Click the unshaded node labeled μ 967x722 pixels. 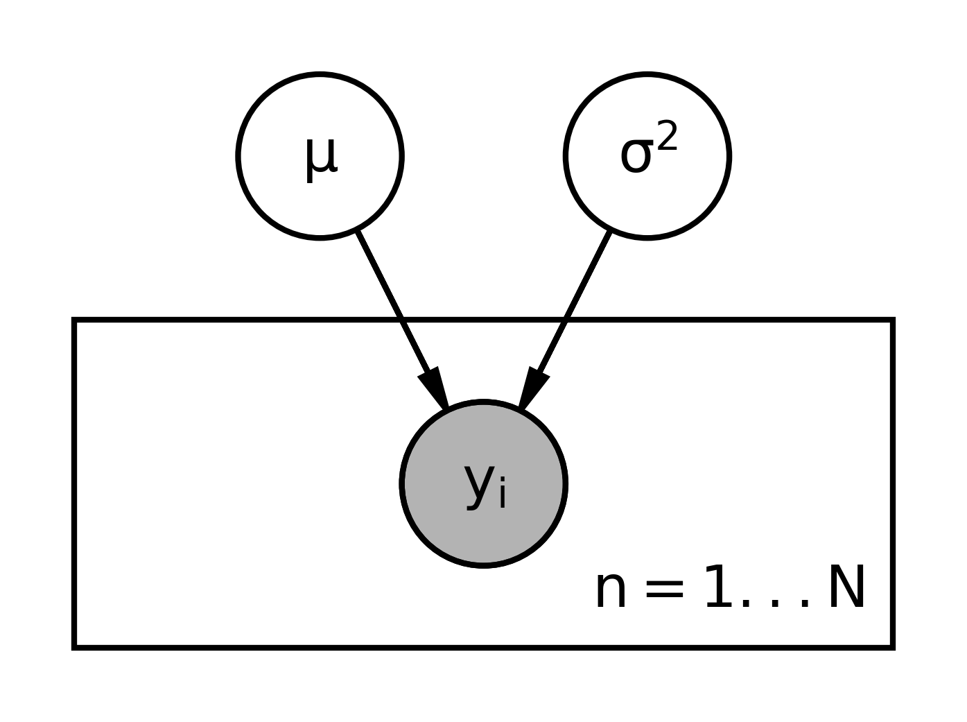(x=320, y=156)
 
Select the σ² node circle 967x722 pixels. (x=647, y=156)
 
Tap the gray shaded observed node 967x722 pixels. (x=483, y=484)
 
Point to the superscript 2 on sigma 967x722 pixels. (x=667, y=136)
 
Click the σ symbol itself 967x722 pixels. (x=636, y=156)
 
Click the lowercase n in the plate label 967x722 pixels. (x=610, y=592)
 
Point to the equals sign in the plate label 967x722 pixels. (x=664, y=592)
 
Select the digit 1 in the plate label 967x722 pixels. (x=719, y=587)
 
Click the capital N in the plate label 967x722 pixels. (x=846, y=587)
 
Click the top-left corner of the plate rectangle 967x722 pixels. (x=73, y=320)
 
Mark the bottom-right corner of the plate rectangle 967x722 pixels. (x=893, y=648)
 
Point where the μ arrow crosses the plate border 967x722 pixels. (x=402, y=320)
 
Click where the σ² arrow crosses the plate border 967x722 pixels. (x=565, y=320)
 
